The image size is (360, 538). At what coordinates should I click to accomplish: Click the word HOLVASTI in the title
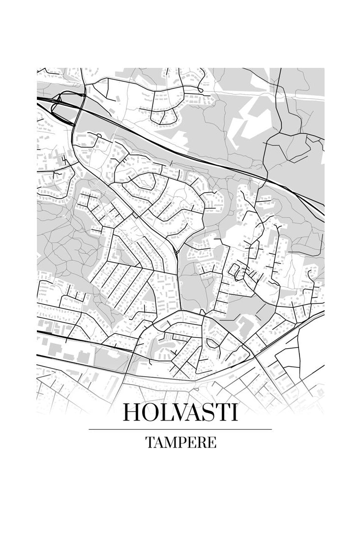[x=180, y=412]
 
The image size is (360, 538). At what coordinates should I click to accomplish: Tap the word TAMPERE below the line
[x=180, y=442]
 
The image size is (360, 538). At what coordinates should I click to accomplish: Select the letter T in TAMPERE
[x=150, y=442]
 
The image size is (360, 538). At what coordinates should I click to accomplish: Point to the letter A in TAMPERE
[x=159, y=442]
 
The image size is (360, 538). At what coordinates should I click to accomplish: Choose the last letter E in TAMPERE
[x=211, y=442]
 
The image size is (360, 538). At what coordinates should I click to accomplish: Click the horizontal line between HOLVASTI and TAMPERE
[x=180, y=429]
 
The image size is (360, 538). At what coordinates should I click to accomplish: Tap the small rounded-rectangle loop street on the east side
[x=235, y=270]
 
